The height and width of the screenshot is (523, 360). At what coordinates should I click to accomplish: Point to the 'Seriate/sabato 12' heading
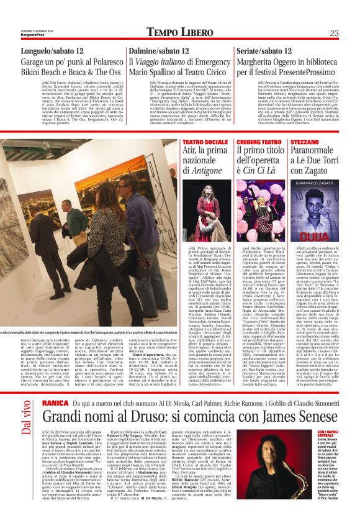click(266, 53)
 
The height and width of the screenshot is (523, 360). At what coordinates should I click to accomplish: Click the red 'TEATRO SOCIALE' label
click(200, 142)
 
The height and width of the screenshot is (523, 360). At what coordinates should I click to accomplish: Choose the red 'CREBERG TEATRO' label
click(256, 142)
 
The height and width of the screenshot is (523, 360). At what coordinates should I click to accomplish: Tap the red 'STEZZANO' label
click(306, 142)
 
